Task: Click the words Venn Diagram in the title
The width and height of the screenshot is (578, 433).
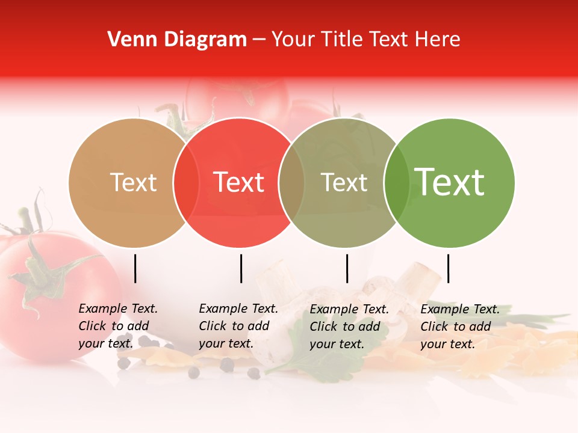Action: (x=177, y=40)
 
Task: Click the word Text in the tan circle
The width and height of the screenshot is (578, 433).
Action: (x=133, y=182)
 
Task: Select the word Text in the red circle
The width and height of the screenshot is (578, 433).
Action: (x=239, y=182)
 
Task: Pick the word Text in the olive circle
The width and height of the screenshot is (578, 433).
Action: (x=344, y=182)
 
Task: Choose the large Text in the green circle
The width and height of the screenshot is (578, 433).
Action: (x=450, y=182)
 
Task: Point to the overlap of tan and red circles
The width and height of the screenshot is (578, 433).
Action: (x=186, y=183)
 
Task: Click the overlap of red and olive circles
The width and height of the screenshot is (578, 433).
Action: (x=291, y=183)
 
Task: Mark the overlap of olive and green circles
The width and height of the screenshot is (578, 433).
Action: (x=396, y=183)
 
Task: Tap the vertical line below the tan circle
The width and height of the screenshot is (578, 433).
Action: (x=135, y=268)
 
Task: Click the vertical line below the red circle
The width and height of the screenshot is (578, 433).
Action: (x=241, y=268)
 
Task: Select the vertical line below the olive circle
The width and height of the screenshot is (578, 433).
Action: (x=347, y=268)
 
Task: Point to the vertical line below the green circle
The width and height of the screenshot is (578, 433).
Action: (x=448, y=268)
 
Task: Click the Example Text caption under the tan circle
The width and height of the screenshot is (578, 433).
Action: (x=118, y=326)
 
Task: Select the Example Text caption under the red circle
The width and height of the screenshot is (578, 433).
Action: (x=238, y=326)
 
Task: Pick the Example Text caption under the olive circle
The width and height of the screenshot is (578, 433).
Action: (x=349, y=327)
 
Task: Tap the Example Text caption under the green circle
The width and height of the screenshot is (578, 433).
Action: (x=460, y=327)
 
